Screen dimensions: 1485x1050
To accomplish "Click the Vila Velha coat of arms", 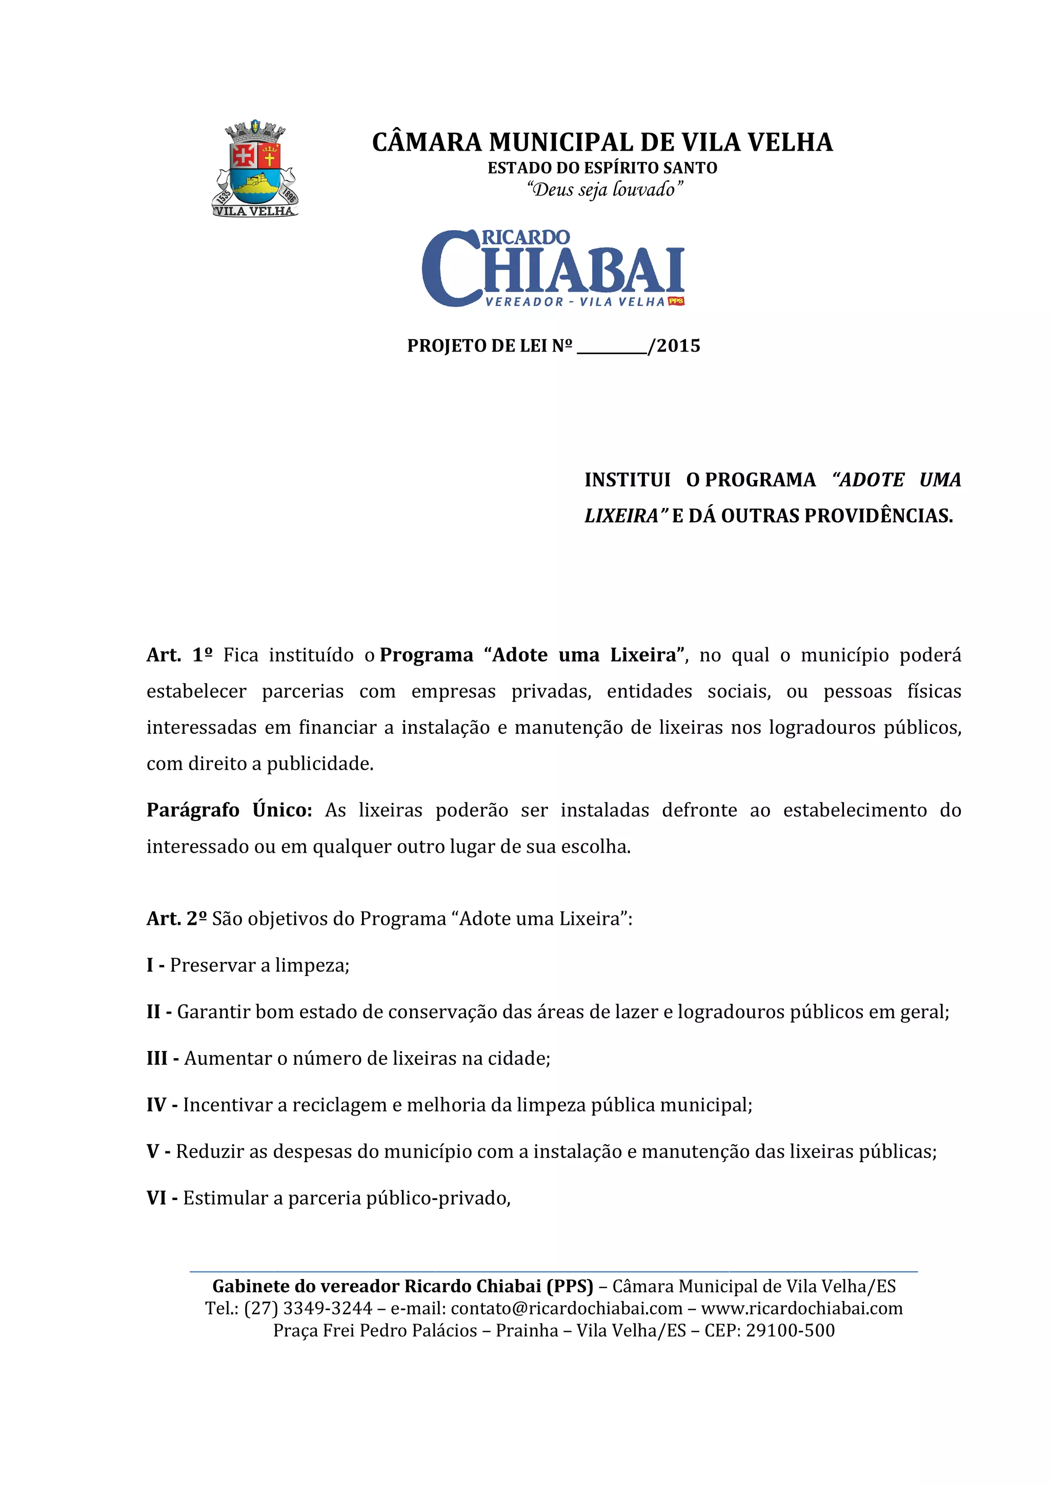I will [x=255, y=168].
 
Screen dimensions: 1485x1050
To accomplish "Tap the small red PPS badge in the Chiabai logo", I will [x=676, y=301].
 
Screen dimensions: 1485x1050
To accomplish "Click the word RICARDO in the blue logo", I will [x=526, y=237].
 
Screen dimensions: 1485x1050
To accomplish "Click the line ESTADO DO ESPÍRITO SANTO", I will [x=602, y=168].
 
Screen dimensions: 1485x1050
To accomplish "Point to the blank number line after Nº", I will [x=611, y=347].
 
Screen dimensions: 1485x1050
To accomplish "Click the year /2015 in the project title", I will [x=675, y=346].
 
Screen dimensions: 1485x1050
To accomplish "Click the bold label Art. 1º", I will [x=179, y=655].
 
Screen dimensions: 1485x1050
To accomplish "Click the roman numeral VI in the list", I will [x=156, y=1198].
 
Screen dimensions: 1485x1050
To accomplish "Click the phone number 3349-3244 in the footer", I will [x=328, y=1308].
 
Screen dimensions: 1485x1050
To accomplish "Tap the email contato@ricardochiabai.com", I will [x=566, y=1308].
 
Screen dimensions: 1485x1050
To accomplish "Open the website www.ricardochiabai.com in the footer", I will [x=801, y=1308].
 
